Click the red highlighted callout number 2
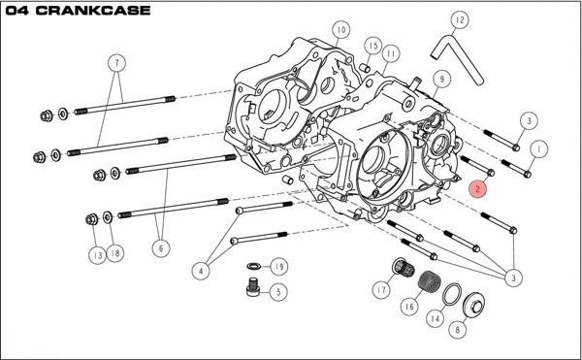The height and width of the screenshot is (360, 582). [x=477, y=189]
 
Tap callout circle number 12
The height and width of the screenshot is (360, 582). [x=460, y=20]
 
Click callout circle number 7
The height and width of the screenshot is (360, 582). [x=117, y=63]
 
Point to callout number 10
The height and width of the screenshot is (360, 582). [x=341, y=30]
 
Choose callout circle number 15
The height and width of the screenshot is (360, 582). [x=373, y=46]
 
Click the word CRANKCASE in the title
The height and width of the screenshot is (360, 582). [x=93, y=10]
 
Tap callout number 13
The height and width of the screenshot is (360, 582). [x=97, y=255]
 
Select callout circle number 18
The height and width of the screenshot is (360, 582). [x=115, y=253]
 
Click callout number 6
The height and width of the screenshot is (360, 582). [x=161, y=247]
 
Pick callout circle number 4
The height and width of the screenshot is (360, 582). [x=201, y=271]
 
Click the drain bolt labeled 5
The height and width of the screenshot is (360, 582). [x=252, y=287]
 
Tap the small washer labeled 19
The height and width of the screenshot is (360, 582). [x=253, y=266]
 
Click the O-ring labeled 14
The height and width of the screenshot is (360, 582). [x=452, y=294]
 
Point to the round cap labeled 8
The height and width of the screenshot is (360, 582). [x=474, y=305]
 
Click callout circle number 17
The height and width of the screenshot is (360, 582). [x=381, y=289]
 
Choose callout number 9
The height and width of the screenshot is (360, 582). [x=441, y=79]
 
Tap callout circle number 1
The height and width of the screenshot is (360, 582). [x=539, y=149]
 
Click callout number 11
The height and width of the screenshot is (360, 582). [x=390, y=53]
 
